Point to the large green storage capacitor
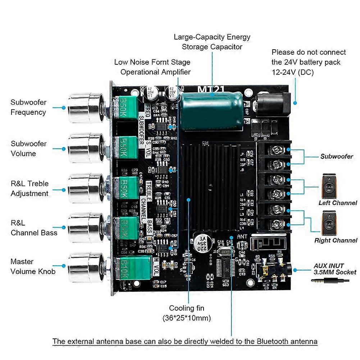click(x=211, y=111)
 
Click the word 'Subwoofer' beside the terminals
click(x=337, y=156)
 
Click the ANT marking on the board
click(x=242, y=237)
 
